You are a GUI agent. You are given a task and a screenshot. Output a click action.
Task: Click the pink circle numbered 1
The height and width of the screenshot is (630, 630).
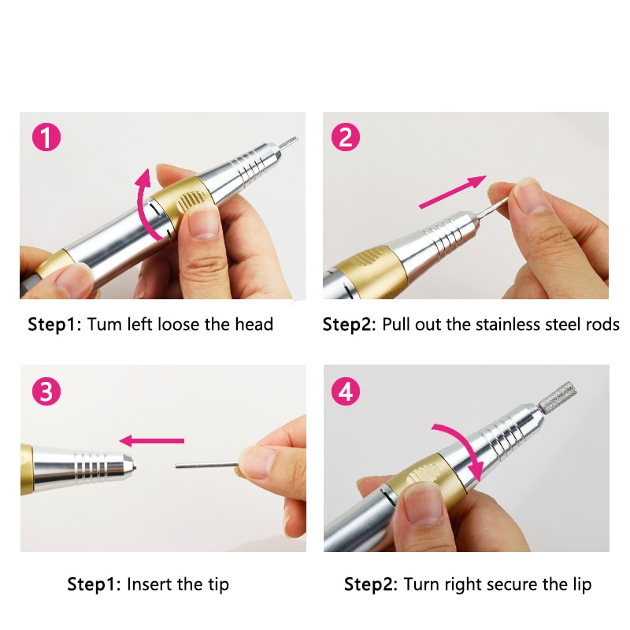46,137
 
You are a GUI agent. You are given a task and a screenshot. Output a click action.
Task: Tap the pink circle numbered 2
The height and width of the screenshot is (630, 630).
346,137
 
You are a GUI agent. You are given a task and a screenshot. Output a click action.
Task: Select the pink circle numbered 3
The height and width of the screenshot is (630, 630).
46,391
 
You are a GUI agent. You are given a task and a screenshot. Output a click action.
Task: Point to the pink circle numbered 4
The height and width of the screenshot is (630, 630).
346,391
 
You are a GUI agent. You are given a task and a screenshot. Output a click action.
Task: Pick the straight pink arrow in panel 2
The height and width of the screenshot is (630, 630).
452,192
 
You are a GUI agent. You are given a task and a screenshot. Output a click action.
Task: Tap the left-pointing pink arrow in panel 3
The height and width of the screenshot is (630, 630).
152,441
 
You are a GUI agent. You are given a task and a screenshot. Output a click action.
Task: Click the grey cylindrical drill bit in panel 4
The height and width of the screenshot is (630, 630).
558,397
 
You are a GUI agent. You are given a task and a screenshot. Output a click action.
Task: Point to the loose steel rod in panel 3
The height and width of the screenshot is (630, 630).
206,465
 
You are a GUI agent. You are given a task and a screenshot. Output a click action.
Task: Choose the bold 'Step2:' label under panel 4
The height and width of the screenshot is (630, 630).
370,584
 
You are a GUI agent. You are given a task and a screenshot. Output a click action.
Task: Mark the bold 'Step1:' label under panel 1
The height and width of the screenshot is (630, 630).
54,324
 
